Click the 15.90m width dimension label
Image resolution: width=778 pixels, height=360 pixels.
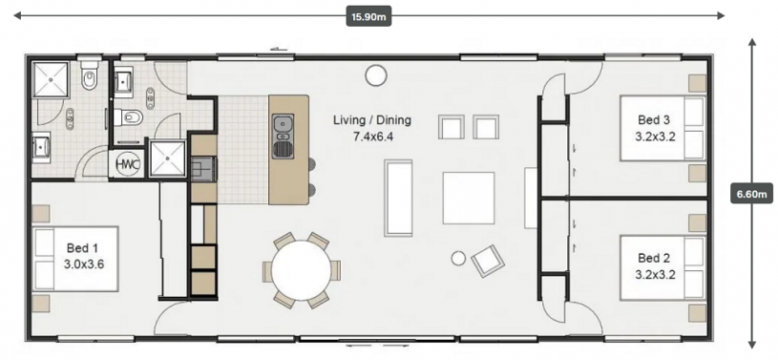[x=368, y=16]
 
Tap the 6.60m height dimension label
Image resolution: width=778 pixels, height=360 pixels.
[x=751, y=193]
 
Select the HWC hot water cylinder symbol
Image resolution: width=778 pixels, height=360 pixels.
[x=127, y=164]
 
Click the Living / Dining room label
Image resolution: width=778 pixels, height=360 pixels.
[x=372, y=119]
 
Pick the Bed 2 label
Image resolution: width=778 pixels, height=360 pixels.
[x=654, y=258]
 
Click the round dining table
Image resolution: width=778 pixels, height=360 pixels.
[x=302, y=270]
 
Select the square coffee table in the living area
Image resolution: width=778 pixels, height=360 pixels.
[x=469, y=198]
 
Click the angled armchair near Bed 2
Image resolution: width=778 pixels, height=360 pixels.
[x=488, y=262]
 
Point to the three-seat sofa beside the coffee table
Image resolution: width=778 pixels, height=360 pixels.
[x=398, y=198]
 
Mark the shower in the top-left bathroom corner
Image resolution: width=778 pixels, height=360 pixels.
[x=50, y=79]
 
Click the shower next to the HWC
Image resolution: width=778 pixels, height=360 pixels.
[x=168, y=159]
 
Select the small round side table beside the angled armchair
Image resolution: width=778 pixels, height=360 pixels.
[x=458, y=258]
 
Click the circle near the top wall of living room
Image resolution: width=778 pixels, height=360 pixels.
[x=375, y=75]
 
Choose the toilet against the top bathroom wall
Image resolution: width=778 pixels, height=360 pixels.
[x=90, y=74]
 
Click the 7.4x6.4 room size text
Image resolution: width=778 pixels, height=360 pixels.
[x=372, y=137]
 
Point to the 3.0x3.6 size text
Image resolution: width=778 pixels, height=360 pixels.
[x=83, y=265]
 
